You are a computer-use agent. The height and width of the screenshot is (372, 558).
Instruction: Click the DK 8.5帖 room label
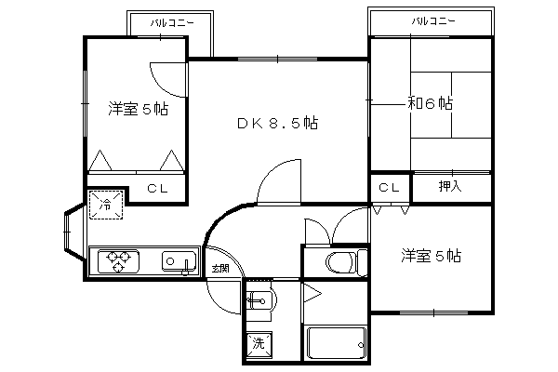click(x=277, y=123)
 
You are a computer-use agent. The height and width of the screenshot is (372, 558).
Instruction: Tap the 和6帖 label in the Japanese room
click(x=430, y=103)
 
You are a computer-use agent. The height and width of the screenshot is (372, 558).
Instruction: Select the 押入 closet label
click(x=450, y=186)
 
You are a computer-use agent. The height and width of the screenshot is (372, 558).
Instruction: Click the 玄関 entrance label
click(x=219, y=268)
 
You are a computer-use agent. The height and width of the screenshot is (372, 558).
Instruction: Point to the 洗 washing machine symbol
click(x=259, y=343)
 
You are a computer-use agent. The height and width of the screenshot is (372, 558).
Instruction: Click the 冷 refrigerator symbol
click(x=106, y=205)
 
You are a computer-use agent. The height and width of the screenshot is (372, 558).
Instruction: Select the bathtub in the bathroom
click(x=337, y=343)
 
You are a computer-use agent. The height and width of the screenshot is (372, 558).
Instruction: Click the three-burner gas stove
click(x=118, y=261)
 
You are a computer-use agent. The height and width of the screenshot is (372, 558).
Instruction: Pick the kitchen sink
click(x=179, y=262)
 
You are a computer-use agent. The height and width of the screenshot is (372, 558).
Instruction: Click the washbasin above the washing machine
click(x=259, y=301)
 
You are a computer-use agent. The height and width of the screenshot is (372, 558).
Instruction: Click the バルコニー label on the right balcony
click(x=433, y=21)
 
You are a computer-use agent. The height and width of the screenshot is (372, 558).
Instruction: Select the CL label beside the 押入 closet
click(x=390, y=188)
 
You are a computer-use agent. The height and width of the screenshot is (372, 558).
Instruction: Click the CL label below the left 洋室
click(x=158, y=189)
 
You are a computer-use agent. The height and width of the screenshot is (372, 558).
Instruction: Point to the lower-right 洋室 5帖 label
click(x=431, y=256)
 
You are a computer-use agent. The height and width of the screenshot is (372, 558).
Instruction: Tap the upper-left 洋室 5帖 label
click(x=139, y=109)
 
